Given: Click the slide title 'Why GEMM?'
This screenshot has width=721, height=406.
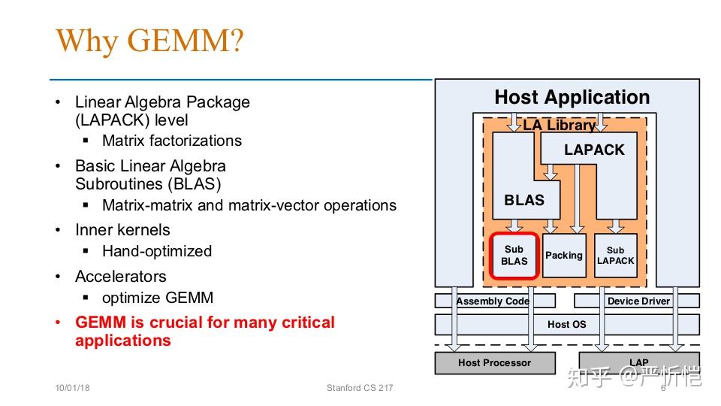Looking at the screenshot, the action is click(x=149, y=41).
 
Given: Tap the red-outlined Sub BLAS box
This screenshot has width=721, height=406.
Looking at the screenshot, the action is click(x=514, y=256).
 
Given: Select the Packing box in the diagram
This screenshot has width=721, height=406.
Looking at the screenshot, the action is click(x=564, y=256).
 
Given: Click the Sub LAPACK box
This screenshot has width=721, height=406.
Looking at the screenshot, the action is click(x=616, y=256).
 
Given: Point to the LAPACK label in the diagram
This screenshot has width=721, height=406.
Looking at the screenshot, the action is click(x=594, y=150).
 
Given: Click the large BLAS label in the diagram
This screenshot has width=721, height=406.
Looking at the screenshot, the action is click(x=524, y=200).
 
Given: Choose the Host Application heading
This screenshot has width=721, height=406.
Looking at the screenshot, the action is click(x=572, y=97).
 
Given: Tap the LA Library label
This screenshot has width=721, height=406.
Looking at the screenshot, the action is click(x=559, y=125).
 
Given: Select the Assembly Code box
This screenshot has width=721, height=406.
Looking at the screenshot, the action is click(x=495, y=301).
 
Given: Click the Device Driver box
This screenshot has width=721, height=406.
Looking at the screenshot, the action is click(x=637, y=301).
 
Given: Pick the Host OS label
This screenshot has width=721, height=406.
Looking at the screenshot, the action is click(x=566, y=325).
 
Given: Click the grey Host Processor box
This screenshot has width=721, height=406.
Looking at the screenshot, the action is click(x=495, y=362).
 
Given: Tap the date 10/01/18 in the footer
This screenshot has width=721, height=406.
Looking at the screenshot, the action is click(x=73, y=388).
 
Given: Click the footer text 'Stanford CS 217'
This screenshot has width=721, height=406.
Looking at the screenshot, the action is click(x=360, y=388).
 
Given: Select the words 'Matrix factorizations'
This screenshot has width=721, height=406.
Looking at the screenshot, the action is click(x=172, y=141).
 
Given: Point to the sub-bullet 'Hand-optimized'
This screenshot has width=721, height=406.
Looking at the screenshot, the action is click(x=157, y=251).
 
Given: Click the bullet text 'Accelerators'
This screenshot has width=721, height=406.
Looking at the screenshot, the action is click(x=121, y=276).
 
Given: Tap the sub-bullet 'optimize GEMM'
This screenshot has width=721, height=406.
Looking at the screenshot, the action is click(x=158, y=298).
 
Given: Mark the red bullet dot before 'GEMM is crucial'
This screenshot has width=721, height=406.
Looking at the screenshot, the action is click(x=58, y=323).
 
